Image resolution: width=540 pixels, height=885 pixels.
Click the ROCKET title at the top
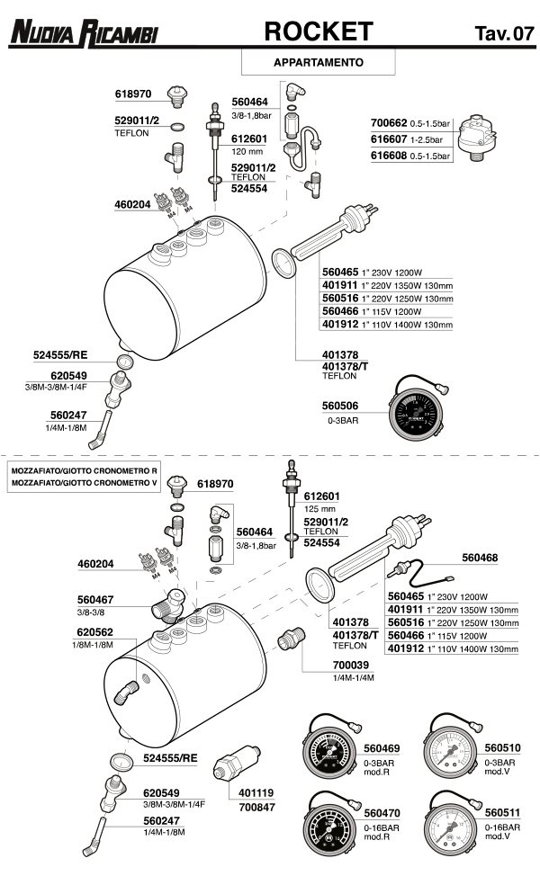pos(318,32)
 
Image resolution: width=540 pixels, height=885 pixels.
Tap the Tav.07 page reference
pos(503,34)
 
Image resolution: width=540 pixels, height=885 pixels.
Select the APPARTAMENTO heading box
pos(318,63)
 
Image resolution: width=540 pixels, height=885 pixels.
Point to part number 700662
pos(389,122)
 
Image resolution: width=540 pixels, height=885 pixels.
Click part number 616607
pos(389,139)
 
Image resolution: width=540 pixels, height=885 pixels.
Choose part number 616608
pos(389,156)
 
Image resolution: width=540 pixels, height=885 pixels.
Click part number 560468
pos(480,558)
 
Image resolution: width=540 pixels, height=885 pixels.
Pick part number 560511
pos(502,813)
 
